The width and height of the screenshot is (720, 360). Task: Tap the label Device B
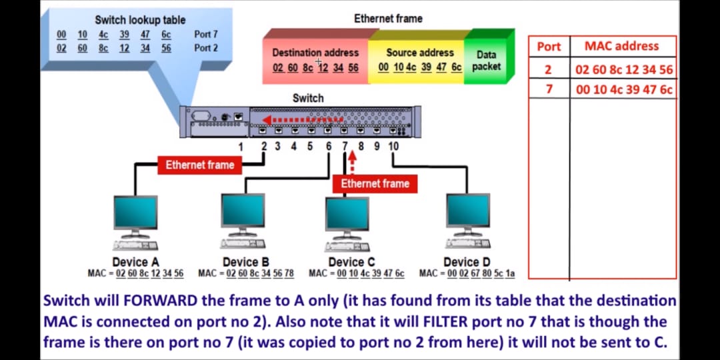245,262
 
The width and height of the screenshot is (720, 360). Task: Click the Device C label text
351,262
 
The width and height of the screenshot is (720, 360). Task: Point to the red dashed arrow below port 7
352,162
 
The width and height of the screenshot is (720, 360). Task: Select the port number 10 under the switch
393,146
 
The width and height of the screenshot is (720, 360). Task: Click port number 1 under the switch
241,146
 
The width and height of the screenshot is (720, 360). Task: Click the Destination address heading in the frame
315,53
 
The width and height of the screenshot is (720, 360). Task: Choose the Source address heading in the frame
420,53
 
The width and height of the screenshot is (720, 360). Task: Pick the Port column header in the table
549,47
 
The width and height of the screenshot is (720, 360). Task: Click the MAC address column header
621,46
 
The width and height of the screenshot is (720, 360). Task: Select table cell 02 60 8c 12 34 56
624,69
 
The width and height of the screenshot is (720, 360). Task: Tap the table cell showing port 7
549,89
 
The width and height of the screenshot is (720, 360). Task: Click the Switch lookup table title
140,20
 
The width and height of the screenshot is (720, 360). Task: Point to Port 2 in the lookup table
206,48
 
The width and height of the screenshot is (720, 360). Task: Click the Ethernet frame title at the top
388,19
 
